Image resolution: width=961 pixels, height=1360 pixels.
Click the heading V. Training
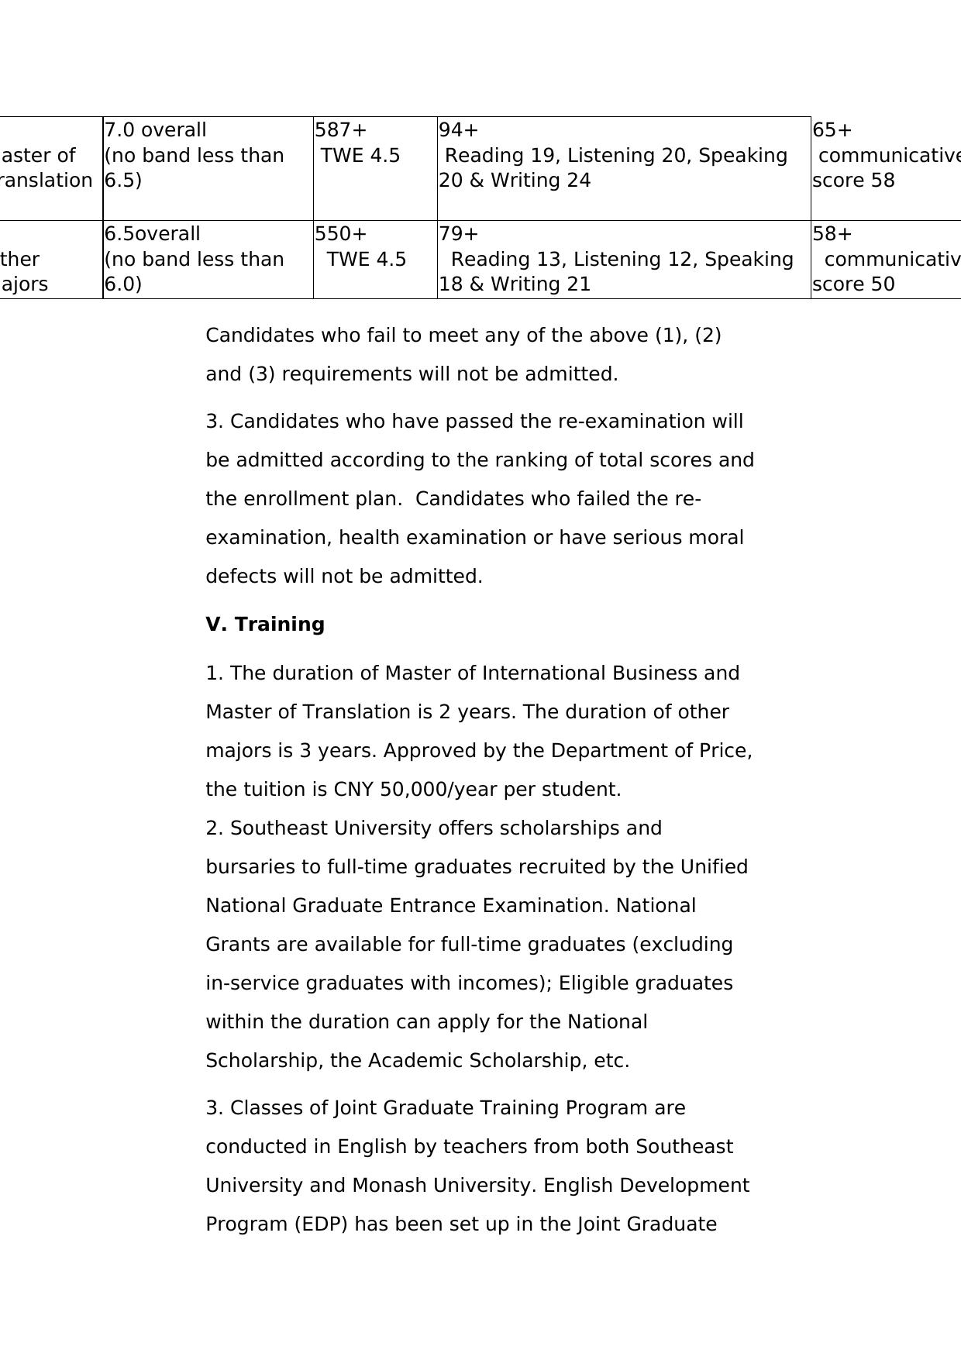[x=265, y=625]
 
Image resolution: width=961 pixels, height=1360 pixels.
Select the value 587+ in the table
[x=340, y=130]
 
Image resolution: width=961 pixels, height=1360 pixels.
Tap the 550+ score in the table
[x=340, y=234]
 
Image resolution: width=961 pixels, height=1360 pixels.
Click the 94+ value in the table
[x=459, y=130]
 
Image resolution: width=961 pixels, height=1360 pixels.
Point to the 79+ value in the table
[x=459, y=234]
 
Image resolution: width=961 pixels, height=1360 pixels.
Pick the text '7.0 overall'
[x=156, y=130]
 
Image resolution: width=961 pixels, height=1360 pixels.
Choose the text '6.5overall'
[x=153, y=234]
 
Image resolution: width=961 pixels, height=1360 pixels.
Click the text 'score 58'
[x=853, y=181]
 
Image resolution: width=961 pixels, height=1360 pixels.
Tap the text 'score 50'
[x=853, y=284]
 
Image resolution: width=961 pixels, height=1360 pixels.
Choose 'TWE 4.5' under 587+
[x=360, y=156]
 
